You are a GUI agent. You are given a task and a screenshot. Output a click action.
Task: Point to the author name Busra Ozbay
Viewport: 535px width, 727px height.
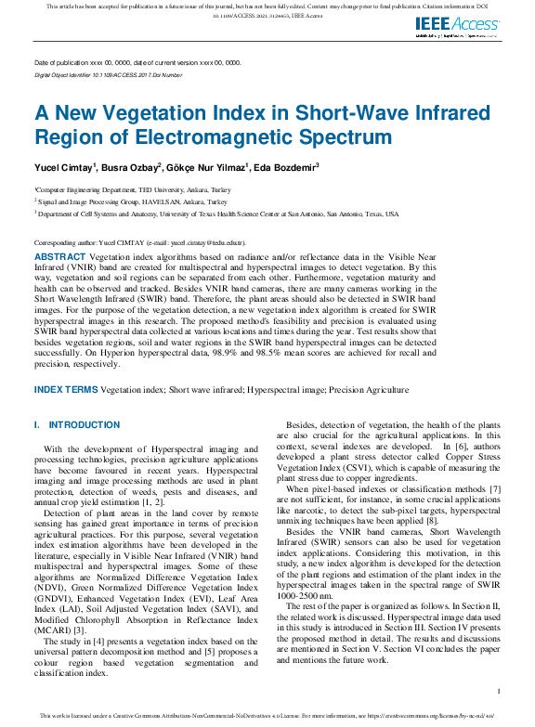click(130, 167)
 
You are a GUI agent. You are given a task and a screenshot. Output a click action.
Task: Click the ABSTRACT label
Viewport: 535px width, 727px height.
click(60, 255)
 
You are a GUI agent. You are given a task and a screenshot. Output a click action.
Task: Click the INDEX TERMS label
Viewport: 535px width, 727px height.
click(66, 390)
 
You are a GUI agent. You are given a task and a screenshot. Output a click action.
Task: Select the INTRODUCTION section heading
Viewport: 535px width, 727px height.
click(84, 424)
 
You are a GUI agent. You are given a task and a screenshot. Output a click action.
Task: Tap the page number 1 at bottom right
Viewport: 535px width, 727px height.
click(499, 691)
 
